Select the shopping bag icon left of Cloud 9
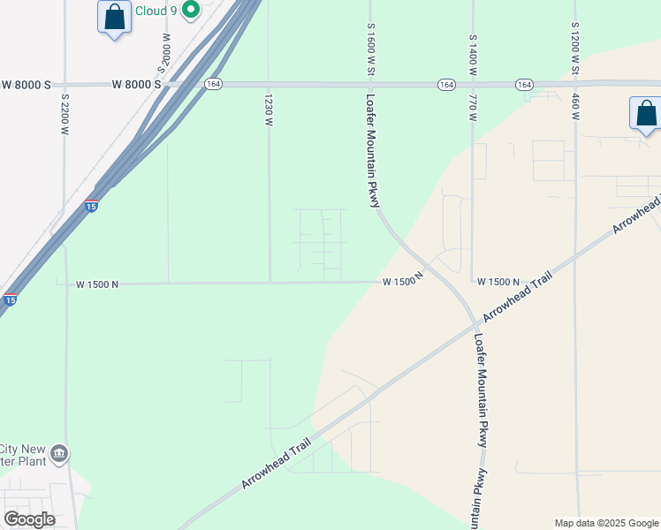point(114,17)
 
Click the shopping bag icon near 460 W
point(646,114)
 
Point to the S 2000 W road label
point(163,52)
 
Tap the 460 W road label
point(575,107)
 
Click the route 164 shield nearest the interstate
point(212,84)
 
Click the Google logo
point(29,519)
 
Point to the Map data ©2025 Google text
point(606,523)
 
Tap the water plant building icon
point(59,454)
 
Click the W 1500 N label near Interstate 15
point(96,284)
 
